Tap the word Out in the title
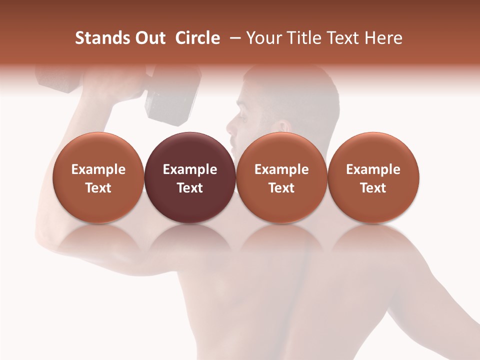[148, 38]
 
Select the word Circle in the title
[197, 38]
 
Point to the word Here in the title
[383, 38]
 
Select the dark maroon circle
[190, 177]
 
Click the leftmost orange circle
[98, 177]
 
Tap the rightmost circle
[373, 177]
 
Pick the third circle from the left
[281, 177]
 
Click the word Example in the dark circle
[190, 169]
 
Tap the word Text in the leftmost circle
[98, 188]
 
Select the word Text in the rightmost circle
[373, 188]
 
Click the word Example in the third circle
[281, 169]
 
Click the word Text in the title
[347, 38]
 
